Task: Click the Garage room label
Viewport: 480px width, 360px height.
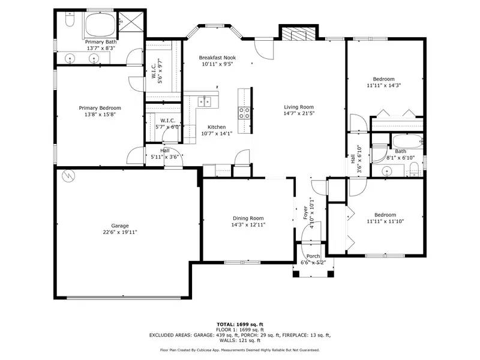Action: (x=119, y=226)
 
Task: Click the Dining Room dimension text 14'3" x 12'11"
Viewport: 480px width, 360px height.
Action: (x=248, y=224)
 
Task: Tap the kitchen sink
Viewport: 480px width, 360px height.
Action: (x=204, y=101)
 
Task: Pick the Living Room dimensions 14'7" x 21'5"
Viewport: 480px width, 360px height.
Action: (x=299, y=113)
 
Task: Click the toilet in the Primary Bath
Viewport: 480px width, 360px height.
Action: (x=68, y=23)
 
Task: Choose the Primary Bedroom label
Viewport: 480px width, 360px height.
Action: (x=100, y=108)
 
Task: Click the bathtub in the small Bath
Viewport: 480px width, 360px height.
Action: (x=409, y=142)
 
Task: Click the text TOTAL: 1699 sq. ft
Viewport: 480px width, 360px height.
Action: (x=239, y=325)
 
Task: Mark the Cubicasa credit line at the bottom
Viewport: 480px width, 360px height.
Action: (x=239, y=349)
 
